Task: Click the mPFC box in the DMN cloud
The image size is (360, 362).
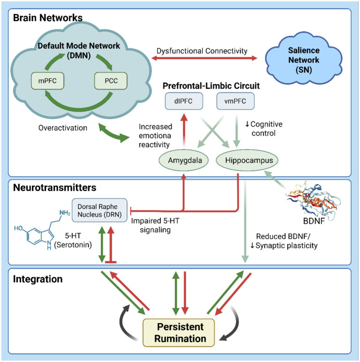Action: coord(47,81)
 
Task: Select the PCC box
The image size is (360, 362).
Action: coord(111,81)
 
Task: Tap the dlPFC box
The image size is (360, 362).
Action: coord(184,101)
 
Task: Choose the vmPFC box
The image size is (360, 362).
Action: coord(235,101)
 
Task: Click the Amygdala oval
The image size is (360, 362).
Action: coord(184,160)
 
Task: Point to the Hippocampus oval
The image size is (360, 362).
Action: coord(247,160)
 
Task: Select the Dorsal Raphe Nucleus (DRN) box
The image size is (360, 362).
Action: coord(100,211)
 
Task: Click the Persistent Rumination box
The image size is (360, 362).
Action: coord(179,332)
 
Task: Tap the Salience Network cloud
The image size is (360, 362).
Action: coord(304,60)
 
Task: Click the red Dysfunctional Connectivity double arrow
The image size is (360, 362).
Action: coord(204,58)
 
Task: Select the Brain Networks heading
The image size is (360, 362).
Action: coord(48,18)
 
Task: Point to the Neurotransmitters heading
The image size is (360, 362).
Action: coord(55,188)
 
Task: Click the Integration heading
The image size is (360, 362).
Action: coord(38,279)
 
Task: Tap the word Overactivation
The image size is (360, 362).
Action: coord(63,128)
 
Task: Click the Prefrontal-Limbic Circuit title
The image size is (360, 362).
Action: coord(211,86)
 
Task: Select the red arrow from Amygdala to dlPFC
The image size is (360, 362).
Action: coord(184,130)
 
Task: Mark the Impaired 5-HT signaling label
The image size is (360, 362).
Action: coord(155,226)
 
